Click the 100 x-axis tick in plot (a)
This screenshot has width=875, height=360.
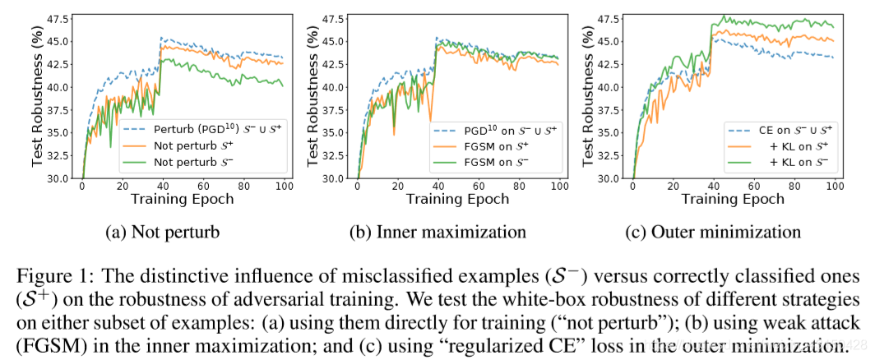click(x=283, y=187)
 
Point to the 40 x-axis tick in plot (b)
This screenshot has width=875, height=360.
click(x=437, y=187)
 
